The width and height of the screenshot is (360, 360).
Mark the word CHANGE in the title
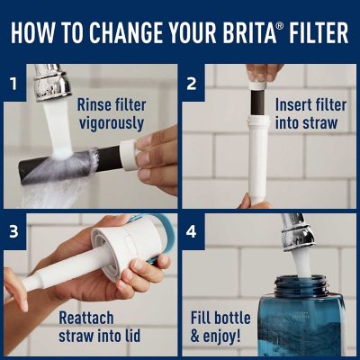click(137, 32)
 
